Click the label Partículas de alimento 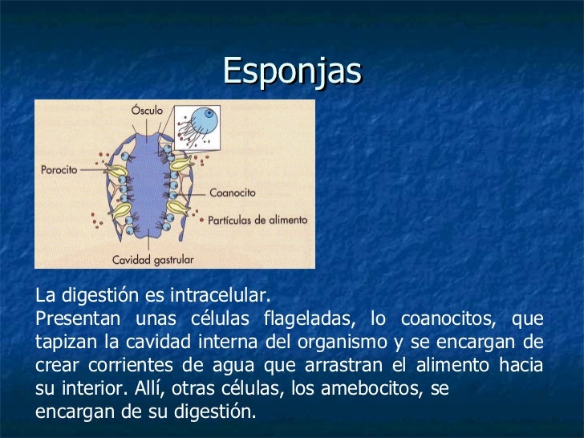pyautogui.click(x=258, y=219)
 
